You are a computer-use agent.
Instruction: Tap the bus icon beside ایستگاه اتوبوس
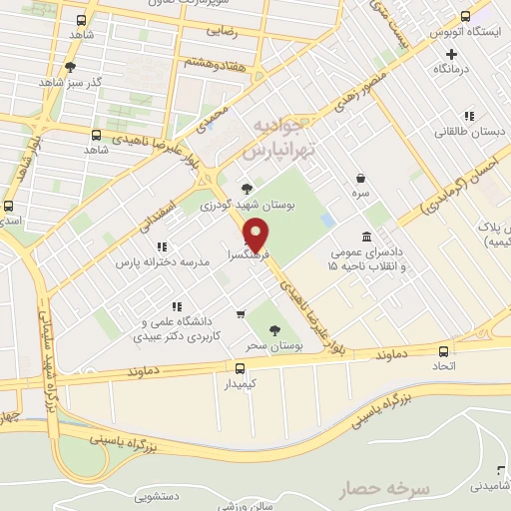[x=465, y=17]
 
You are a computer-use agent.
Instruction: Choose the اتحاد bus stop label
[x=443, y=366]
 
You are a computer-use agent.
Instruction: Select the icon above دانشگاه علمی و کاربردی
[x=176, y=306]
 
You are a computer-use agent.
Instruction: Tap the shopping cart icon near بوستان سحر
[x=240, y=314]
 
